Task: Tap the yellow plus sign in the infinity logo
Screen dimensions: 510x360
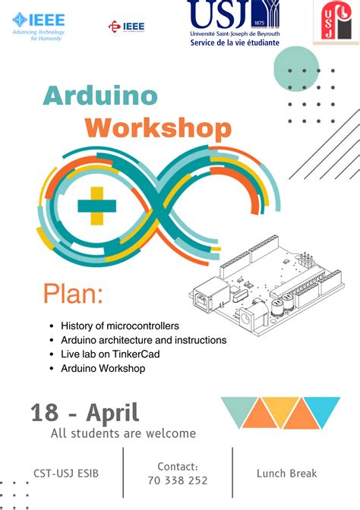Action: click(95, 206)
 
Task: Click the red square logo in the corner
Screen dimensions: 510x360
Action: click(336, 22)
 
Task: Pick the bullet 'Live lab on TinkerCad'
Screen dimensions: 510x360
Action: click(110, 354)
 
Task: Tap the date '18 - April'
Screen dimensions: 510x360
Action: click(85, 413)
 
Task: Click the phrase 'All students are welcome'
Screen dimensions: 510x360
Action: click(123, 434)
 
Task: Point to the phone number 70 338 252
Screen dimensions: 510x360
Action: click(178, 480)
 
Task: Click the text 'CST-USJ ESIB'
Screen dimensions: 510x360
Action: click(66, 474)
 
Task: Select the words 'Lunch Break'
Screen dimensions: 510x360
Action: click(287, 474)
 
